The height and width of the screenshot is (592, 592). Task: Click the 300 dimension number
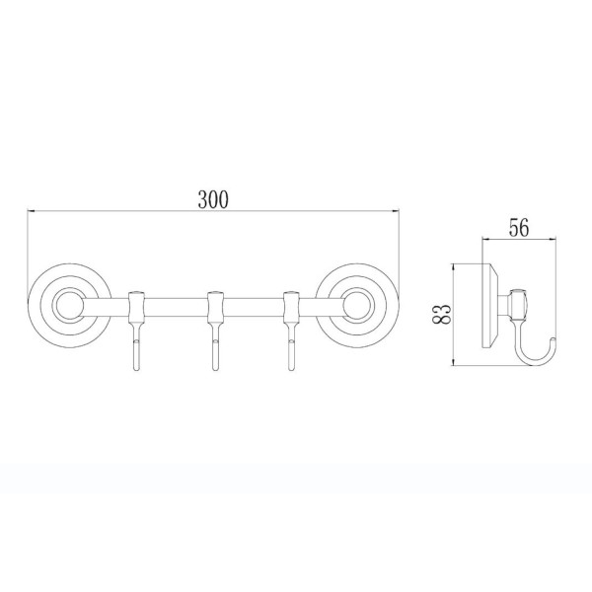(213, 199)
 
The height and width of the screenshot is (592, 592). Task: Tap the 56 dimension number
(519, 228)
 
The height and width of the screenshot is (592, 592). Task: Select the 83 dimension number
(442, 315)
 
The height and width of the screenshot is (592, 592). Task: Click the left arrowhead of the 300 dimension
(31, 211)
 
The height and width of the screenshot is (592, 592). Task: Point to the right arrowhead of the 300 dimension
(396, 211)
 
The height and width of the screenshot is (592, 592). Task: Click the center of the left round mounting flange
(69, 306)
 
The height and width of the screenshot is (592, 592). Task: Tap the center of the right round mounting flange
(357, 306)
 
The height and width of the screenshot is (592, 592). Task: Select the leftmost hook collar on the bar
(136, 306)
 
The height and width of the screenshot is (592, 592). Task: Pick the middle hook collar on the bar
(215, 306)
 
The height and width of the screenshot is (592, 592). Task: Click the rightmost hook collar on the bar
(290, 306)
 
